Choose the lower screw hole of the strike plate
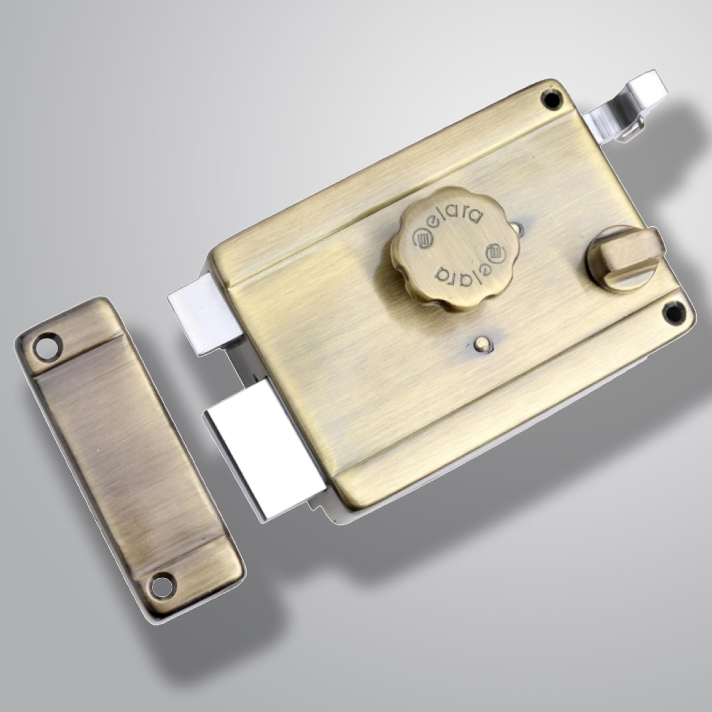coord(161,585)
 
